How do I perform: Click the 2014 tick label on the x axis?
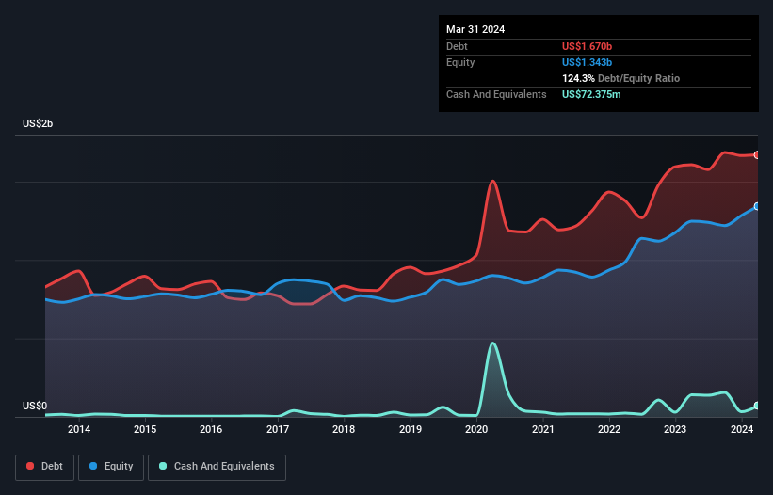pos(79,430)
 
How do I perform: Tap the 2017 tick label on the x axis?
pos(278,430)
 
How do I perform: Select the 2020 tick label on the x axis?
pos(476,430)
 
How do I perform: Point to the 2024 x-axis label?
pos(741,430)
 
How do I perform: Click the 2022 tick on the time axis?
pos(609,430)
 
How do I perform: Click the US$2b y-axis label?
pos(39,124)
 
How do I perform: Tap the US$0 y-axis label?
pos(34,407)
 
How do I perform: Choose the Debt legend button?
pos(45,467)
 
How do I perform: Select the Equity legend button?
pos(112,467)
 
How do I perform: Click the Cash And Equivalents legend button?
pos(217,467)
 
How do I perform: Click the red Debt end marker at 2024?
pos(757,154)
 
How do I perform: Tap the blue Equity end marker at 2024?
pos(757,206)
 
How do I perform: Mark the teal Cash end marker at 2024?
pos(757,406)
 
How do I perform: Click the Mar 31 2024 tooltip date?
pos(475,29)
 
